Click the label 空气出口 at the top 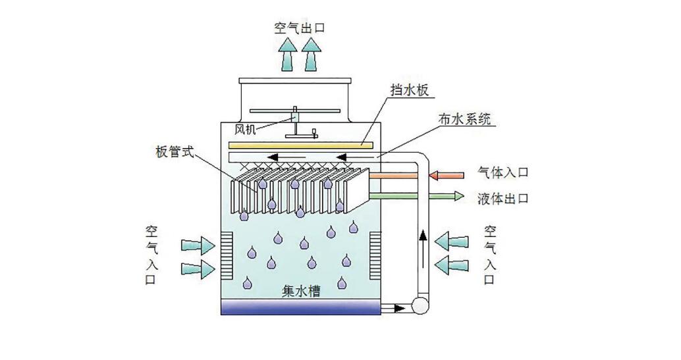pyautogui.click(x=300, y=28)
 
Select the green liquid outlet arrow pyautogui.click(x=415, y=195)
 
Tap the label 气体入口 pyautogui.click(x=503, y=174)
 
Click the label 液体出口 pyautogui.click(x=503, y=198)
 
